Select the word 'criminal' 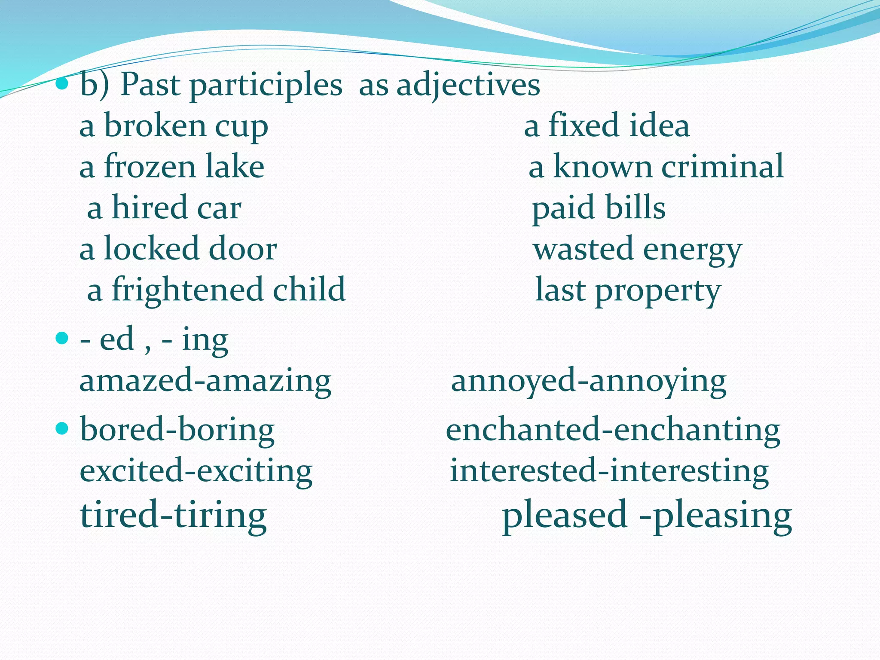[722, 167]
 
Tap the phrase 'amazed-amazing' [205, 381]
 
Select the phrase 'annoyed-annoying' [589, 381]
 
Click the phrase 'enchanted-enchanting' [613, 430]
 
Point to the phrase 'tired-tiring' [174, 515]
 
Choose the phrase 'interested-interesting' [609, 471]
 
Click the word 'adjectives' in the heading [468, 86]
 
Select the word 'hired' [150, 208]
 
